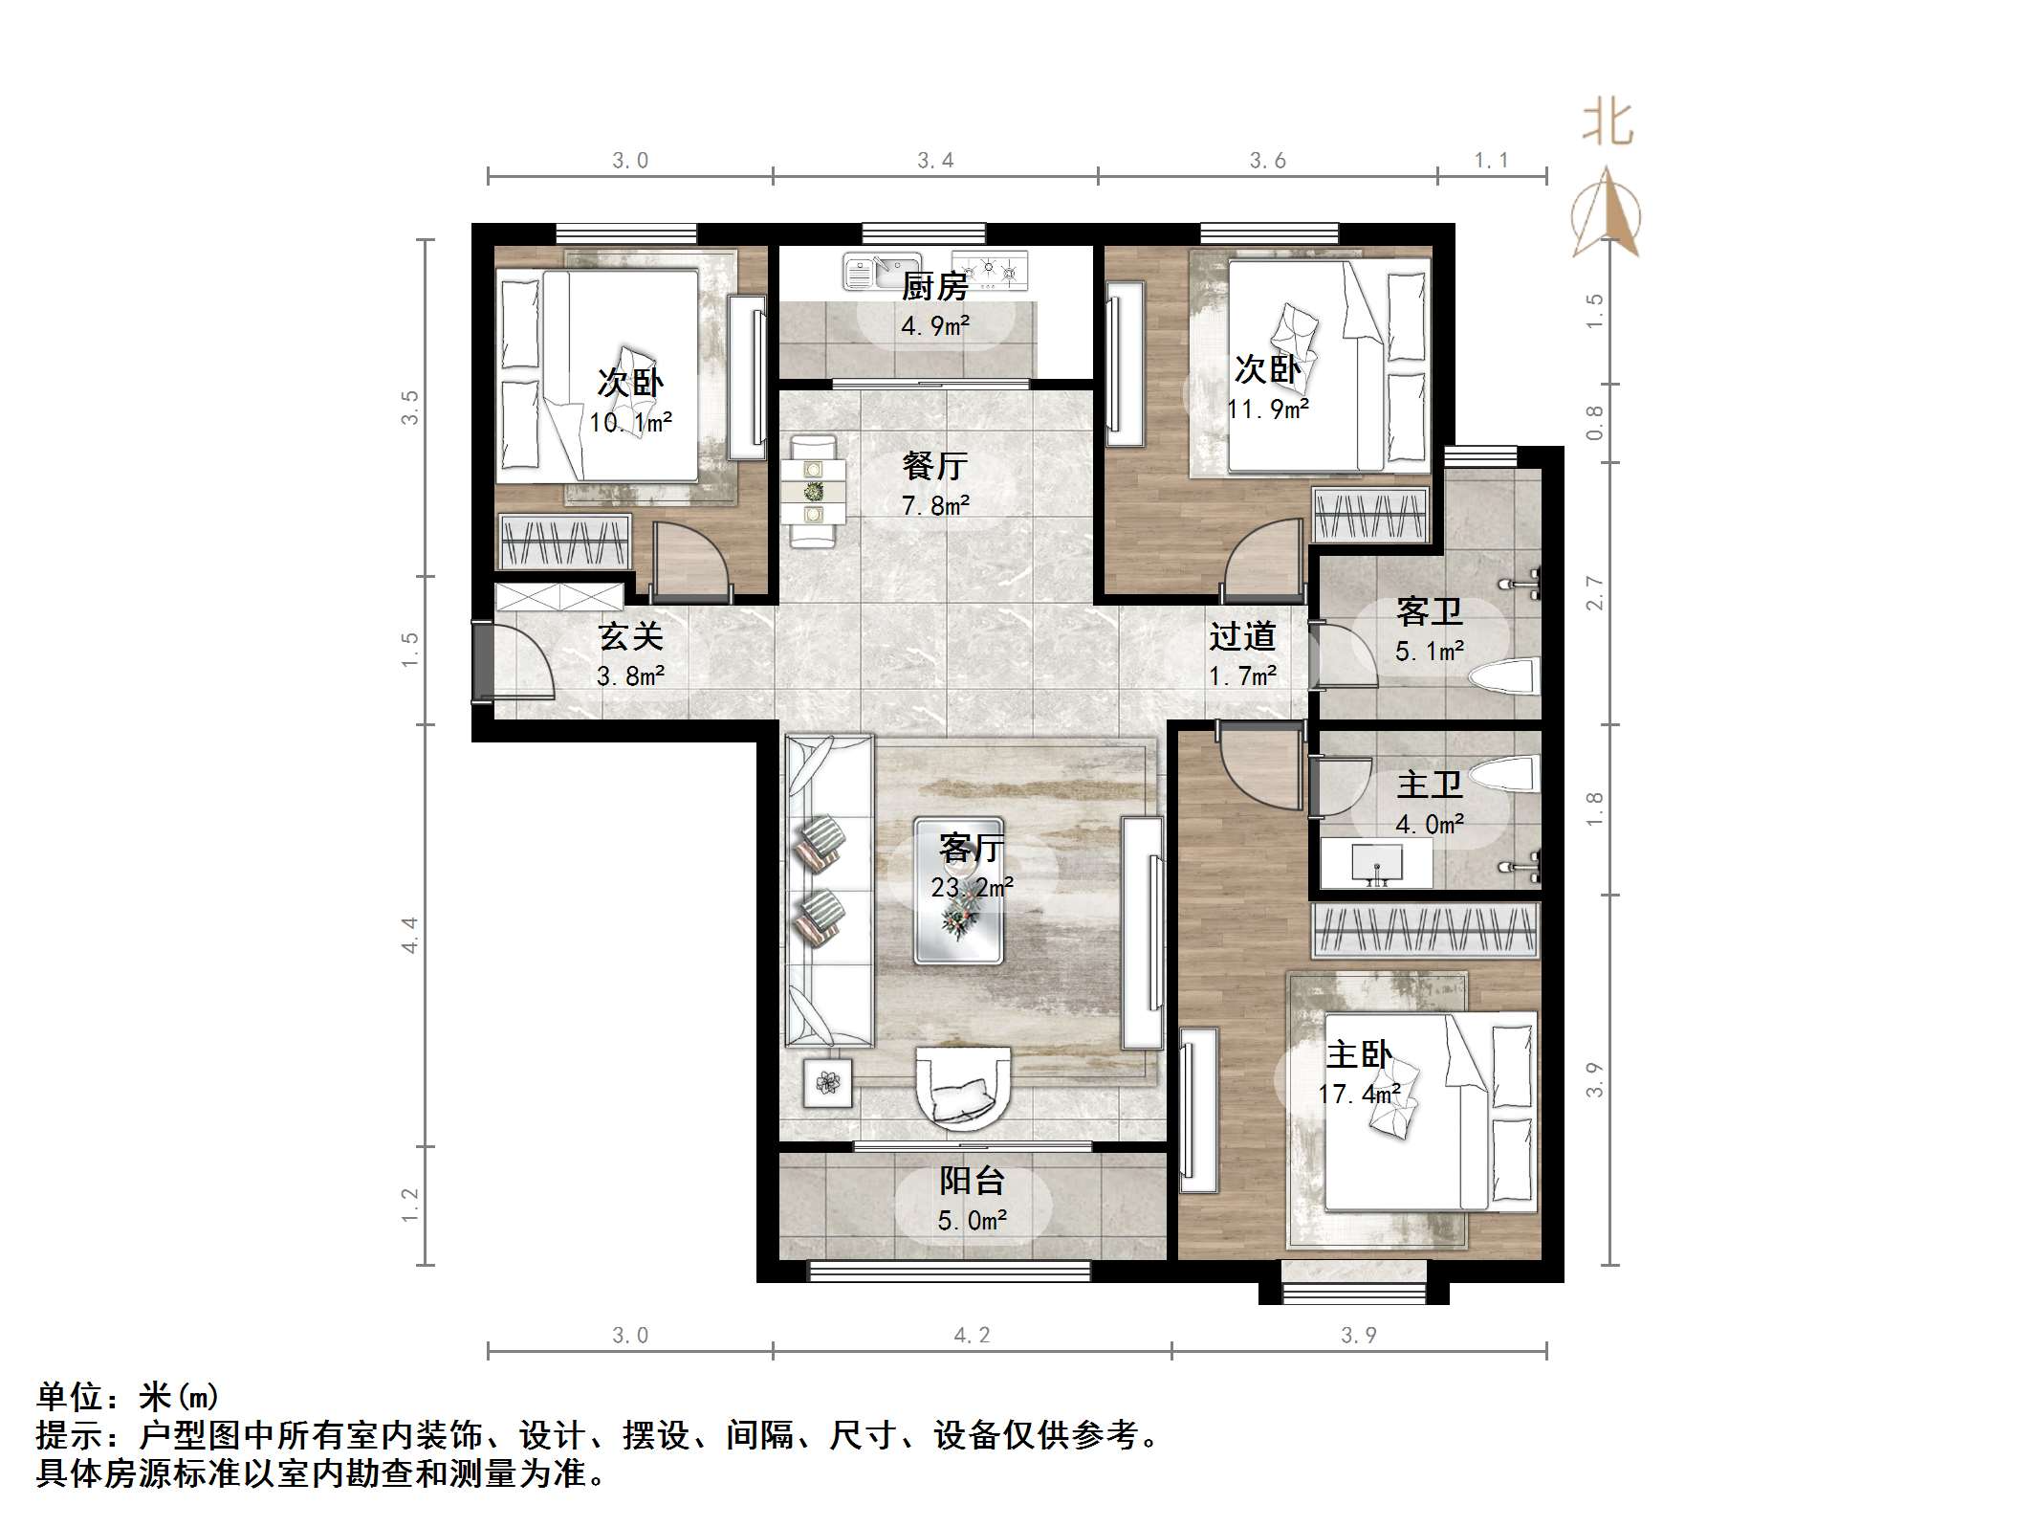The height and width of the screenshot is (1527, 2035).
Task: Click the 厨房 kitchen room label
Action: pyautogui.click(x=934, y=286)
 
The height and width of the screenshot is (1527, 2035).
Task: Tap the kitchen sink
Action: pyautogui.click(x=881, y=271)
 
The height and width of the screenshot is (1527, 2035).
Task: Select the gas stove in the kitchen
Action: pyautogui.click(x=992, y=270)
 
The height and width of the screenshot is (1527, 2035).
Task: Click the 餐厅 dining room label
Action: pyautogui.click(x=934, y=466)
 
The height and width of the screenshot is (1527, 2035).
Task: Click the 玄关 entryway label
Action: pyautogui.click(x=630, y=636)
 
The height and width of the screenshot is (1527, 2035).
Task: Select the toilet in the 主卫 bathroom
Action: pyautogui.click(x=1506, y=774)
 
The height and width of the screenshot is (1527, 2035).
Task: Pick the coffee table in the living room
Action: pyautogui.click(x=958, y=891)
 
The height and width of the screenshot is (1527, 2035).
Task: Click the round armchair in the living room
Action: pyautogui.click(x=962, y=1086)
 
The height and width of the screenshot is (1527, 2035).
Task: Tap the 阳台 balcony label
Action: pyautogui.click(x=972, y=1181)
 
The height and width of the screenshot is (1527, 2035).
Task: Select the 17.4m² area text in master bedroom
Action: pyautogui.click(x=1359, y=1094)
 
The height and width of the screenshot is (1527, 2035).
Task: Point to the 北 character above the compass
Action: pyautogui.click(x=1608, y=124)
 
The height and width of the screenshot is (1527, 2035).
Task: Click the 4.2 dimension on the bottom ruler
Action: pyautogui.click(x=972, y=1335)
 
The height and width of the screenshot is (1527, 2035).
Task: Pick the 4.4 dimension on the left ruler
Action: pyautogui.click(x=410, y=934)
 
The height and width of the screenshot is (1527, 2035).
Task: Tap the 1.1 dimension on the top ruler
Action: pyautogui.click(x=1490, y=161)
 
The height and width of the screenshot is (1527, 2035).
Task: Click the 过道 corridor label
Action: pyautogui.click(x=1241, y=636)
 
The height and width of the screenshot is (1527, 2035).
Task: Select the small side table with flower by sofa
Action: pyautogui.click(x=827, y=1083)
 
